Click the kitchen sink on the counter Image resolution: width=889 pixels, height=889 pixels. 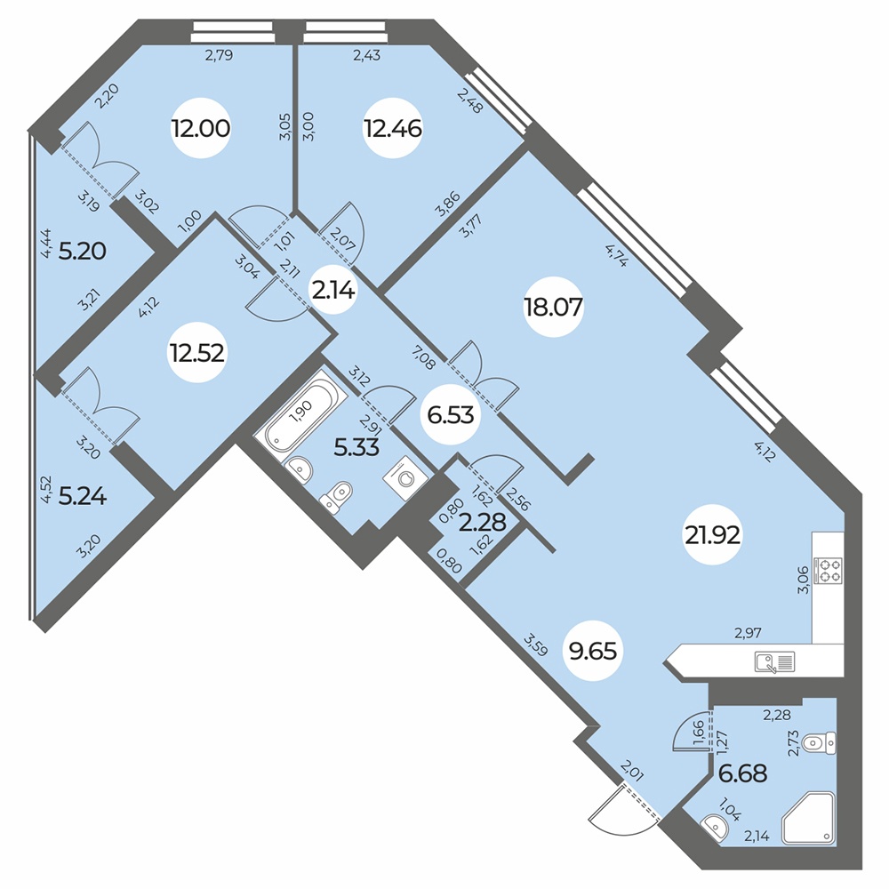775,661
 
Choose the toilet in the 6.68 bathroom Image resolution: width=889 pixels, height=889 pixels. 820,742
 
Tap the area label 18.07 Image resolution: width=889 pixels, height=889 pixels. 553,308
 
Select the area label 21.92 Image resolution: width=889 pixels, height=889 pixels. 713,534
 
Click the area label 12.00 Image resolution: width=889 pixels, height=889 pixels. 201,128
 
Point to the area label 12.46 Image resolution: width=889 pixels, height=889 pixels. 392,129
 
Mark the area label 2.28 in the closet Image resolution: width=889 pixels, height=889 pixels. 483,522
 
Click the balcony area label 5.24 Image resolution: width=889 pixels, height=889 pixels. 83,497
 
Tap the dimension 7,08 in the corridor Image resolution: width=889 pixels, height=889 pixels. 423,359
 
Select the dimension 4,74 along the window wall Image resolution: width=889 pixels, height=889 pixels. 616,255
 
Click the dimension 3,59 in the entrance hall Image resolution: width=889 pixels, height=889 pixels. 536,645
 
